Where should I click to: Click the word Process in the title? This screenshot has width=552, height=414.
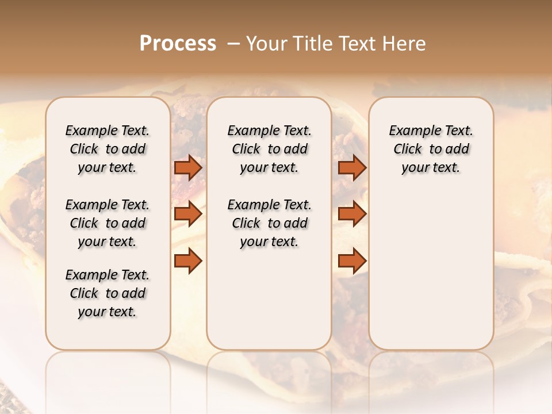pos(178,44)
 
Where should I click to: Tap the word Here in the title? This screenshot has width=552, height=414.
pos(405,44)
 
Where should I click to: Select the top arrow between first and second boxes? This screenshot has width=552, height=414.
pos(188,167)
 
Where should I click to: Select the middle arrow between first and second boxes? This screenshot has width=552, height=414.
pos(188,214)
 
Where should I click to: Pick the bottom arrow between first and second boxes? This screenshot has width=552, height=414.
pos(188,260)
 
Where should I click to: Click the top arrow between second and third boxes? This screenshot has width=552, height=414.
pos(352,167)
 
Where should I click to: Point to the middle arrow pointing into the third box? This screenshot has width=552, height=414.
pos(352,214)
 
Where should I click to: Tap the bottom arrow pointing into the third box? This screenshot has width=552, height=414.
pos(352,260)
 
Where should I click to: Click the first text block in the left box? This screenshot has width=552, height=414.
pos(108,149)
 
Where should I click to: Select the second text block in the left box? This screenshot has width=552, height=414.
pos(108,223)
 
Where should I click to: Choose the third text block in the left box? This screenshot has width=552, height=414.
pos(108,293)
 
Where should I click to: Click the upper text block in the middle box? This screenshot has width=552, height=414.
pos(269,149)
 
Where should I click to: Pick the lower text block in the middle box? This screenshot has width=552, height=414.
pos(269,223)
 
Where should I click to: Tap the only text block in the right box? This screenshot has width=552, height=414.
pos(431,149)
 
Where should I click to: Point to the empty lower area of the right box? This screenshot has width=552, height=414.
pos(431,264)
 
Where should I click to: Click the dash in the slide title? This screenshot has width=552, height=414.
pos(233,44)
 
